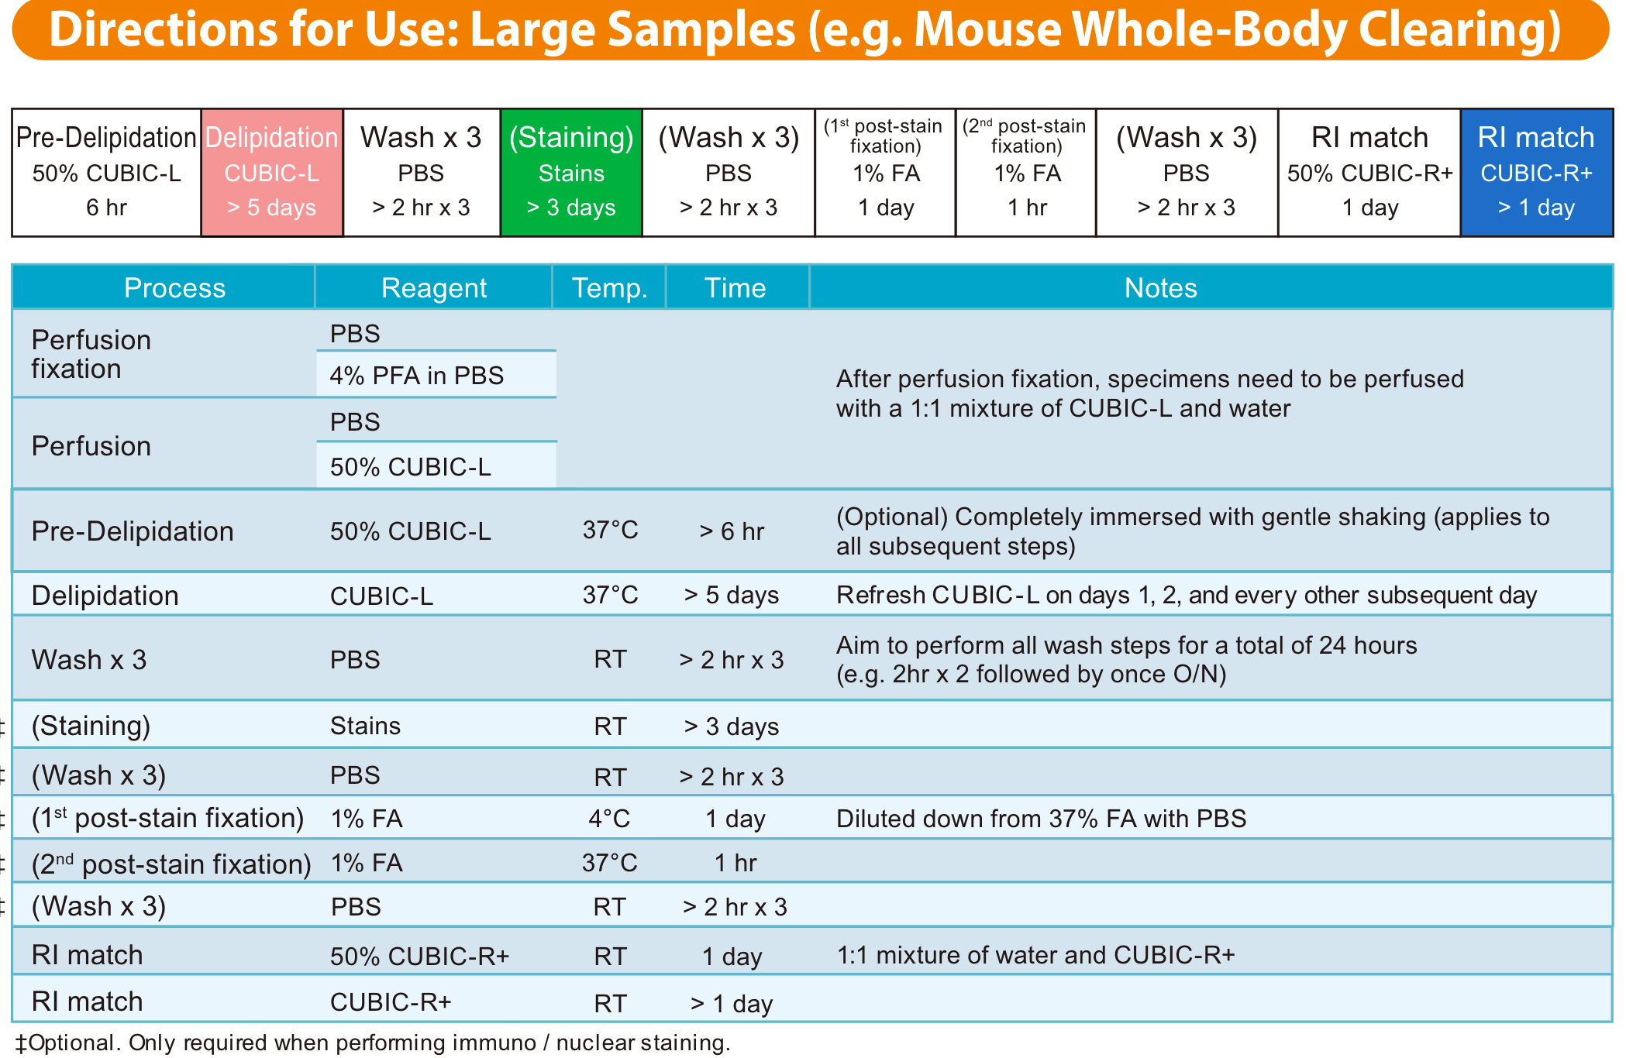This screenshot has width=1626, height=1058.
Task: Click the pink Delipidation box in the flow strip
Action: click(272, 173)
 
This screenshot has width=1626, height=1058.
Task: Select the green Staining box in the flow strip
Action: click(571, 173)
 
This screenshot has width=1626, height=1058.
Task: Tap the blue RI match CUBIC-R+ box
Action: click(1536, 173)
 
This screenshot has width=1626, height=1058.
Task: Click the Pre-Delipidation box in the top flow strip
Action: click(107, 173)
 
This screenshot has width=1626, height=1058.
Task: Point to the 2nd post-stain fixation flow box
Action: click(1025, 173)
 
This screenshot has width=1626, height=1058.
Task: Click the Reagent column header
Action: click(433, 288)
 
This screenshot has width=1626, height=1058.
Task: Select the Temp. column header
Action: click(609, 288)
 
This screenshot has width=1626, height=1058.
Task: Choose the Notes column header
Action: click(1160, 288)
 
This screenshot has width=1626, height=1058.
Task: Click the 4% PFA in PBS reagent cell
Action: click(417, 376)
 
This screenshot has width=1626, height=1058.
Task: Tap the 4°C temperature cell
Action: click(609, 819)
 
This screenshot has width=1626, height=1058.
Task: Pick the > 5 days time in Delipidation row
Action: click(731, 596)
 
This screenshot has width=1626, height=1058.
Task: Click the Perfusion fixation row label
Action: click(91, 355)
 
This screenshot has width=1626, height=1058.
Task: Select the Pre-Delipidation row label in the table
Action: click(133, 532)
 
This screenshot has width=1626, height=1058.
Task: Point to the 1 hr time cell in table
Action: click(735, 863)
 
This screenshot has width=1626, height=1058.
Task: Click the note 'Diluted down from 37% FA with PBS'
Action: click(1041, 819)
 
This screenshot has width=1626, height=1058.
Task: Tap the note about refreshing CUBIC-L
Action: click(1186, 596)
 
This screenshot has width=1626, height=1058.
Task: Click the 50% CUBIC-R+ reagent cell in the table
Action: click(419, 957)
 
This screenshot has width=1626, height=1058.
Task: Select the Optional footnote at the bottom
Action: click(372, 1043)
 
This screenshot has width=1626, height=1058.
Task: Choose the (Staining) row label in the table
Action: click(91, 727)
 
